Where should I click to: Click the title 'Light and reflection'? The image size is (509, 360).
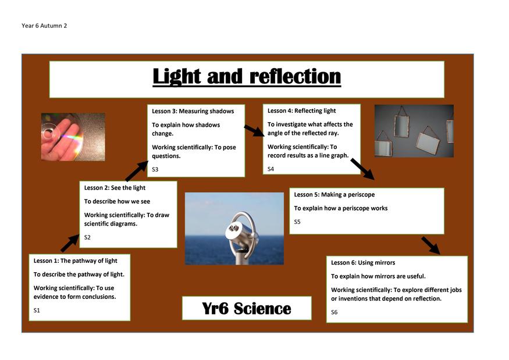[247, 77]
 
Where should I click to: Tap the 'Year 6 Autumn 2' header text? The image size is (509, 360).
[44, 26]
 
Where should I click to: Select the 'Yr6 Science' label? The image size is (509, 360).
[247, 308]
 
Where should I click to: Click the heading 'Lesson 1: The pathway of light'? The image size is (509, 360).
[75, 261]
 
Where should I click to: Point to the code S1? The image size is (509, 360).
[37, 311]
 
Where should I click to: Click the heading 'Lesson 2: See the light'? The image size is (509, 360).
[115, 188]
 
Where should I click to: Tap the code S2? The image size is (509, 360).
[87, 237]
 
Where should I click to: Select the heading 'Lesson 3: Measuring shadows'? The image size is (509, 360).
[193, 111]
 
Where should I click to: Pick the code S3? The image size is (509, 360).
[155, 169]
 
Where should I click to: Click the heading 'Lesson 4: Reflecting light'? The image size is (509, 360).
[301, 111]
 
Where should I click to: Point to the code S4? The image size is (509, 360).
[270, 169]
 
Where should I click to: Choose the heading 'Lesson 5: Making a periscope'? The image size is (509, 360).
[334, 194]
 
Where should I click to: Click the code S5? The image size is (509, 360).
[297, 222]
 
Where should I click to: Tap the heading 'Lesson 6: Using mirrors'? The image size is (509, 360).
[363, 263]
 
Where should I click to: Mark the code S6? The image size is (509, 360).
[334, 312]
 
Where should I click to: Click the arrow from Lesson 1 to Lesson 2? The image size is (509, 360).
[70, 243]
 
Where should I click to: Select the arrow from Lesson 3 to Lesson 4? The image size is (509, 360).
[255, 130]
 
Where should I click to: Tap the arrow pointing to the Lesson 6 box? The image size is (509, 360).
[431, 246]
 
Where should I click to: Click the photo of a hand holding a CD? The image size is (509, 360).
[73, 137]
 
